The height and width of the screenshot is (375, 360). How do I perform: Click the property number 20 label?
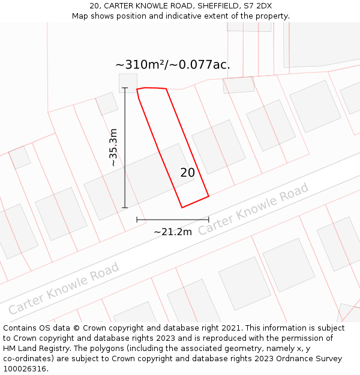point(187,173)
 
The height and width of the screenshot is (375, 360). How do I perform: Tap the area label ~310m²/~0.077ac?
point(172,65)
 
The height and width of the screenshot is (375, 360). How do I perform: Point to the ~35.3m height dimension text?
point(113,148)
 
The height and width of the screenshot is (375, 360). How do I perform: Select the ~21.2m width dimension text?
point(173,232)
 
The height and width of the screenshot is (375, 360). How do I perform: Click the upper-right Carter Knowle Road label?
point(253,209)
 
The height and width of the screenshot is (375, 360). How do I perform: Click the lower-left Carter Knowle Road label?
point(64,288)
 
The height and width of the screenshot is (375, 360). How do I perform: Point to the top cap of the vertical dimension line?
point(125,89)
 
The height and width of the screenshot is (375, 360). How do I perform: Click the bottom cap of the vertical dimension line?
point(125,208)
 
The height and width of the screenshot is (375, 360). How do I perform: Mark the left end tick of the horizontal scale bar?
point(137,220)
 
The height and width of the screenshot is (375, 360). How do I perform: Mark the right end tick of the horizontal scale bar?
point(209,220)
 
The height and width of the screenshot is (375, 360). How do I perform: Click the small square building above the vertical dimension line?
point(128,82)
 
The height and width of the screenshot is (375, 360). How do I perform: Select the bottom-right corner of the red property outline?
point(209,196)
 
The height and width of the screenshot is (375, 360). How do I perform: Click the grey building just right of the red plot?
point(218,147)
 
